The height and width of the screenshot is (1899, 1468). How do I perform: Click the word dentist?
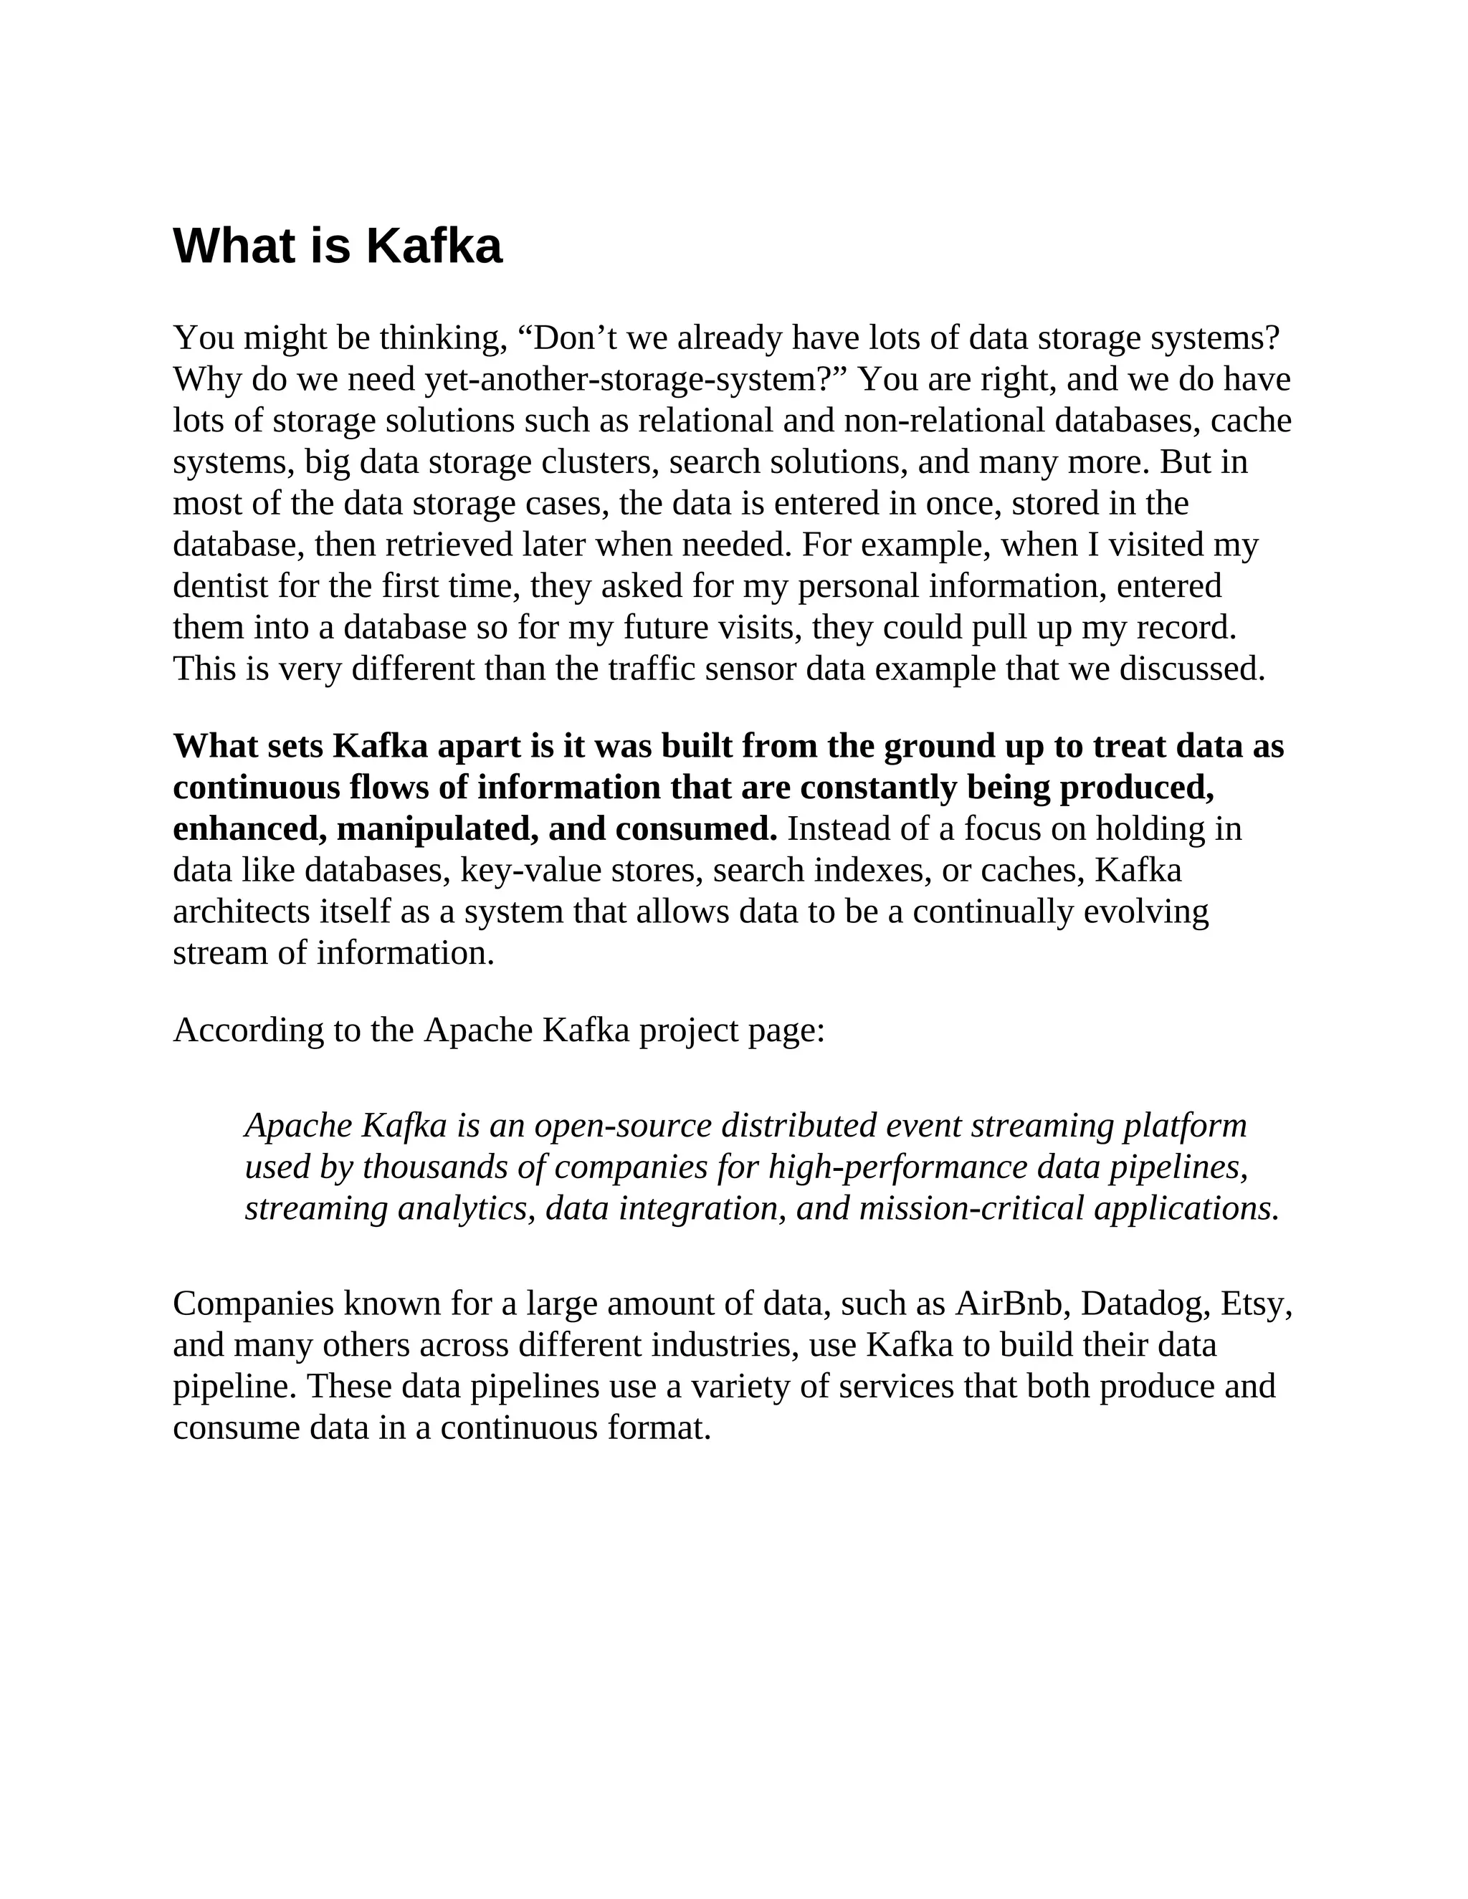220,586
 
